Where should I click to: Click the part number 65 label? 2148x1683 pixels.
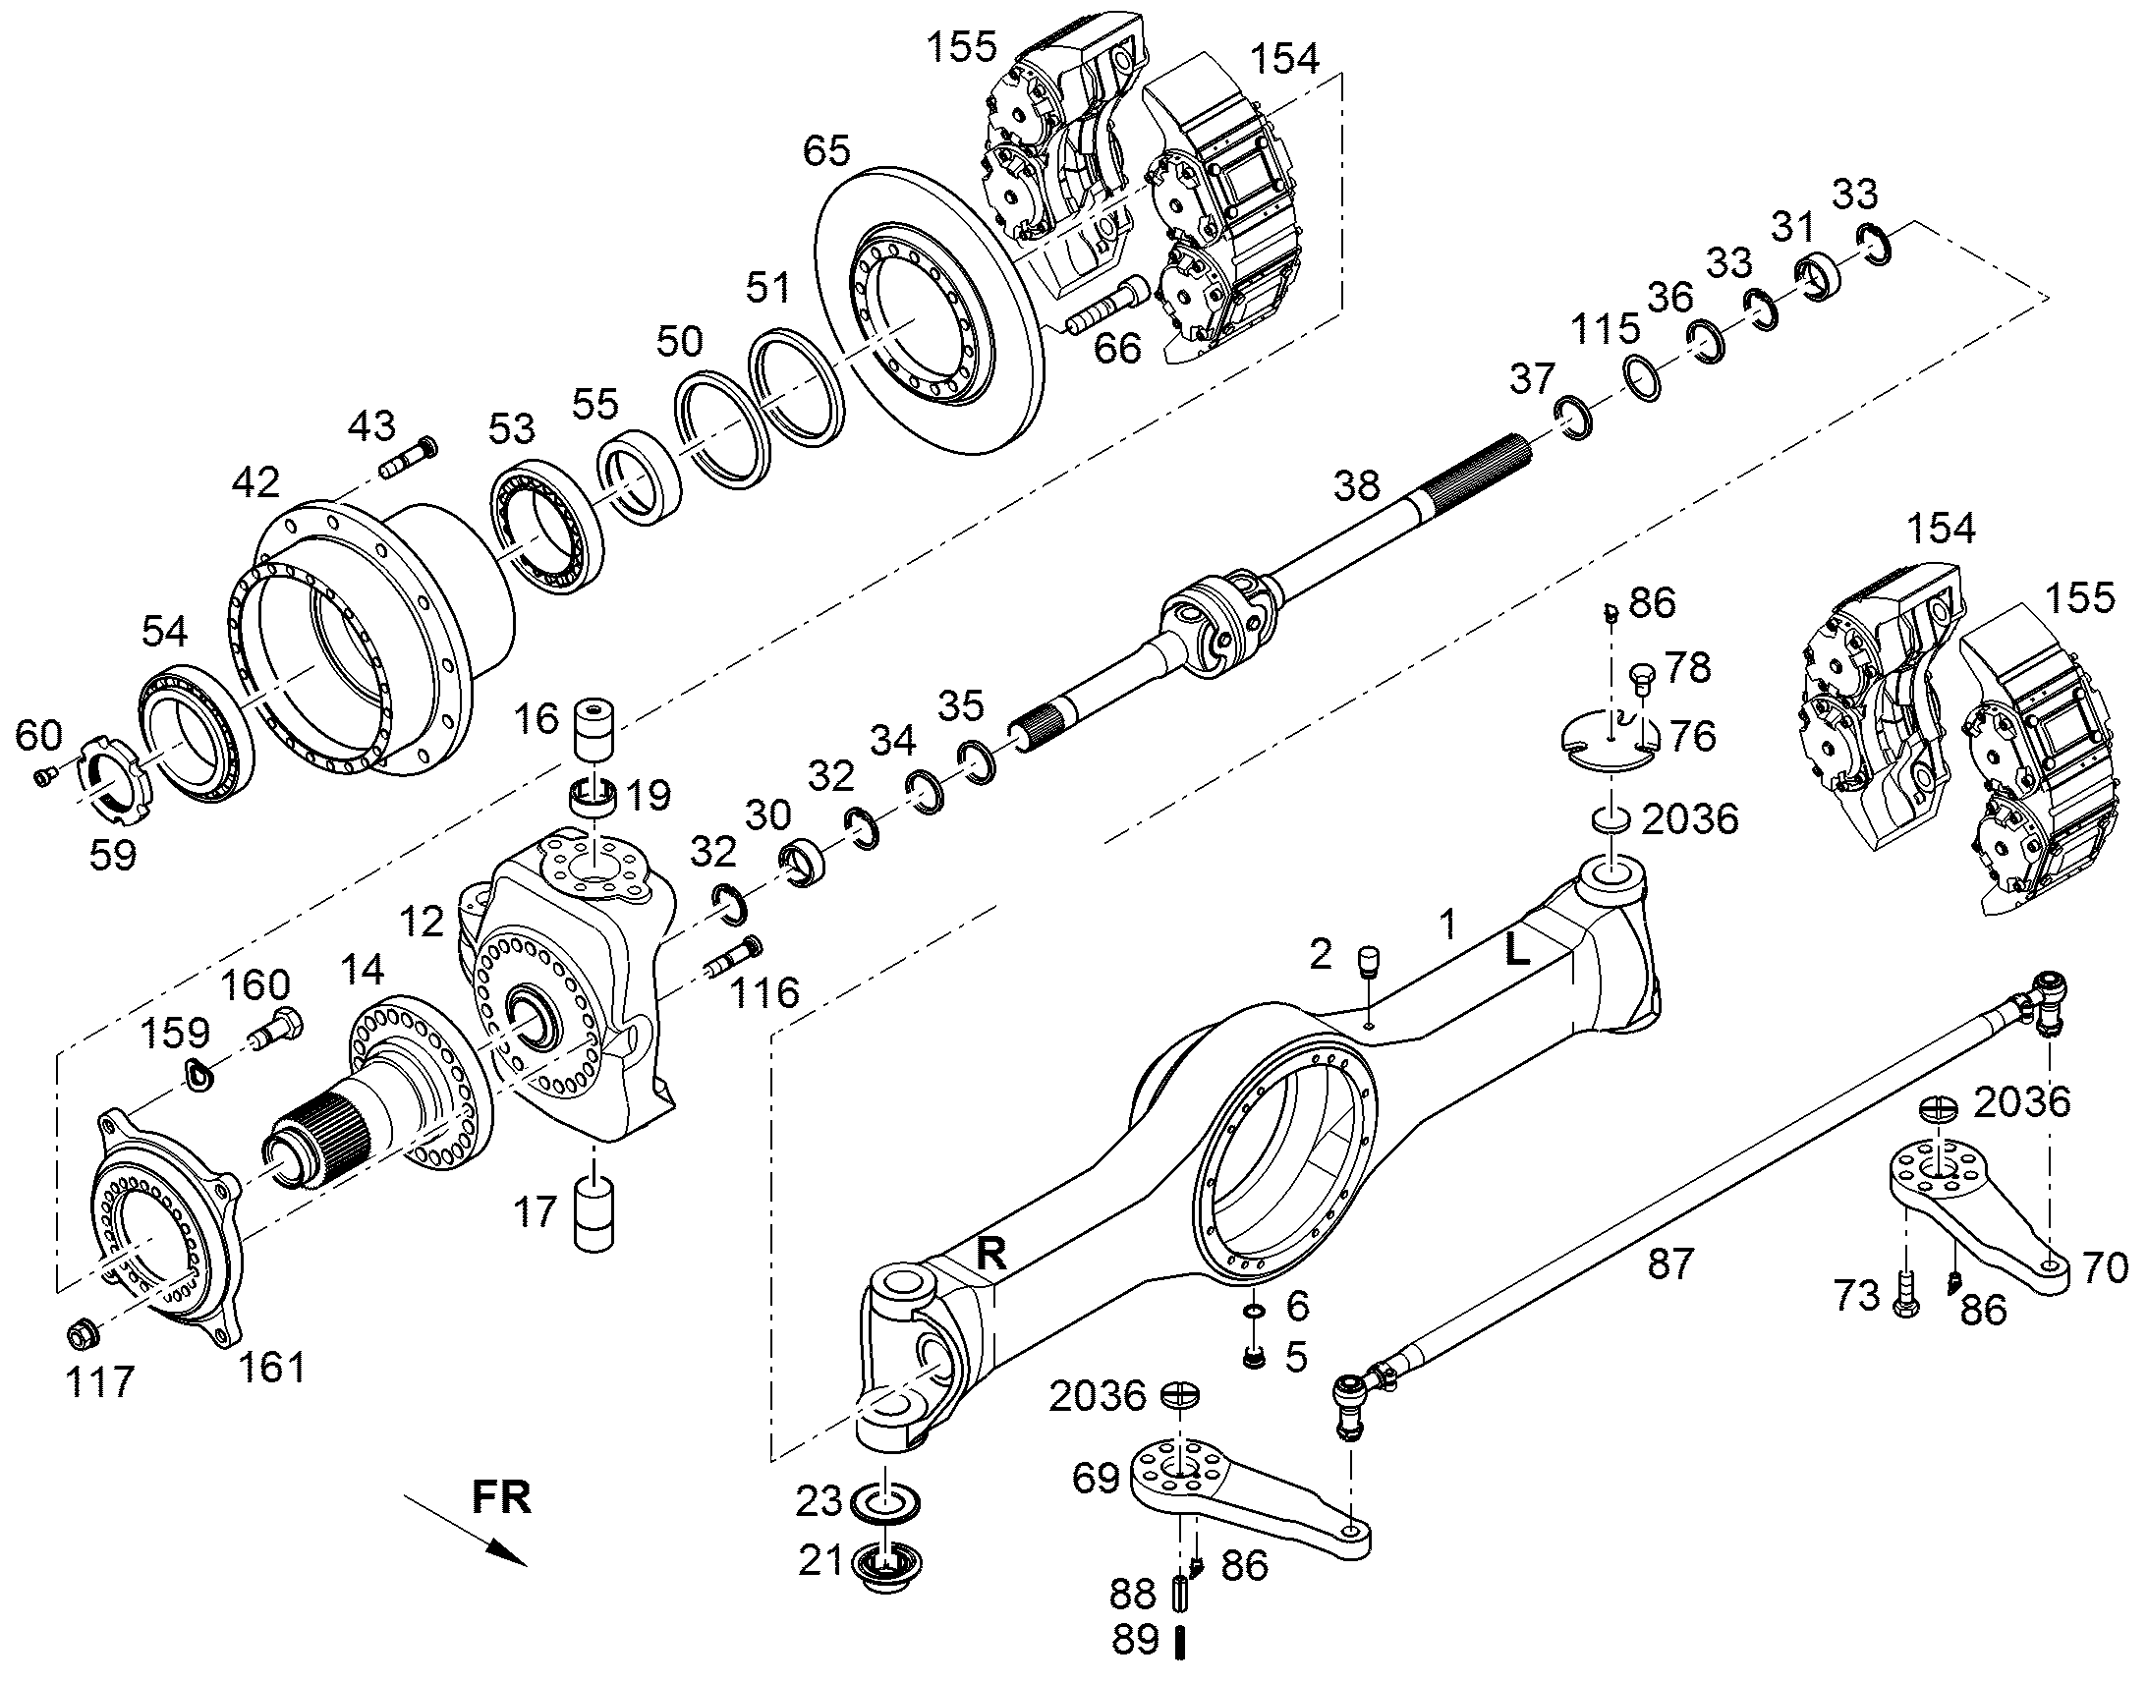825,151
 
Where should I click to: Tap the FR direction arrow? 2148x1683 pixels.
465,1530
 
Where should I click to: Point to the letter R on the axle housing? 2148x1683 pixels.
990,1254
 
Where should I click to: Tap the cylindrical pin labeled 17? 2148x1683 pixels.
594,1213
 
